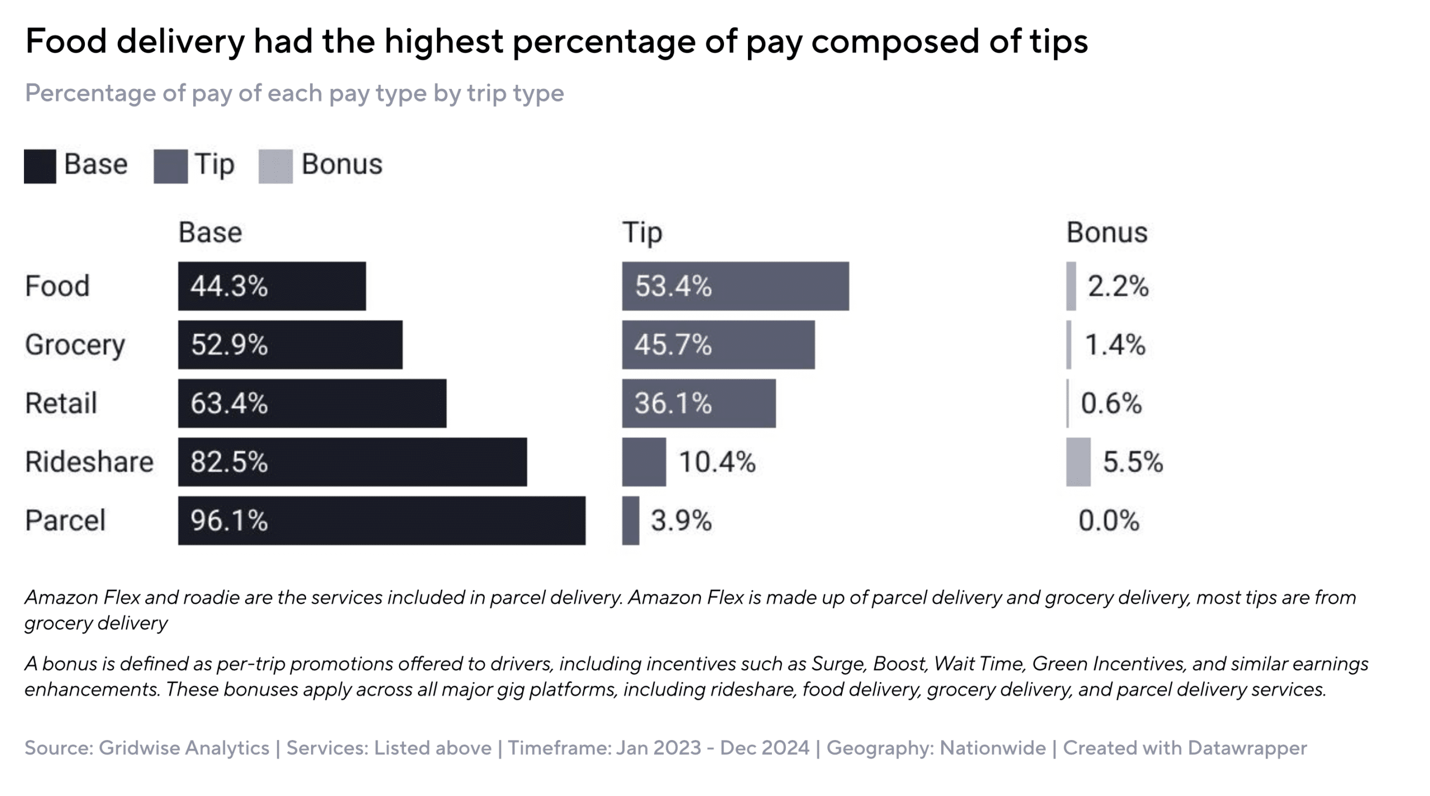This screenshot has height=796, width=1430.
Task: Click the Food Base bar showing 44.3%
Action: click(x=272, y=286)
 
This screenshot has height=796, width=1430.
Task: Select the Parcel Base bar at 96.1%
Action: click(x=382, y=521)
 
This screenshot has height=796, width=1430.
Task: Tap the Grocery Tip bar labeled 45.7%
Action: click(x=718, y=345)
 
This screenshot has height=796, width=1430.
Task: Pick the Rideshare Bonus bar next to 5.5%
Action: click(x=1078, y=462)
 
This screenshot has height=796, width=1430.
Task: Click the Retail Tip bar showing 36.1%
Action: click(x=699, y=403)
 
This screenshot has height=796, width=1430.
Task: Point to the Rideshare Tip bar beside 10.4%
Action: click(x=644, y=462)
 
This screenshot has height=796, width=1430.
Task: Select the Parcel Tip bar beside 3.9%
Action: click(x=631, y=521)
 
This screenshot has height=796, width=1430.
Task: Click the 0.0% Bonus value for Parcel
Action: click(x=1108, y=521)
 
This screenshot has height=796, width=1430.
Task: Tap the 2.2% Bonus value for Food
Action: click(x=1118, y=286)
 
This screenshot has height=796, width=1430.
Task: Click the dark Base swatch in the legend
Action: click(x=40, y=166)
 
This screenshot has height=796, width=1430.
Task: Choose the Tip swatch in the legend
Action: click(x=170, y=166)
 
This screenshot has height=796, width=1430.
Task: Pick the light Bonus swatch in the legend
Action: click(x=275, y=166)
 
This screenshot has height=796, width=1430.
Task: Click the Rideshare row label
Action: click(x=89, y=462)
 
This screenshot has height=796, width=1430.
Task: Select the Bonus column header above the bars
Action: click(x=1107, y=232)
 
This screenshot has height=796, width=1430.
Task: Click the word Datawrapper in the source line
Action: click(x=1247, y=748)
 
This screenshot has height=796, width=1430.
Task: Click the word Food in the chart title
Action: click(x=66, y=41)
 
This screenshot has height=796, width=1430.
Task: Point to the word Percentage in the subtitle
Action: click(x=90, y=94)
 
